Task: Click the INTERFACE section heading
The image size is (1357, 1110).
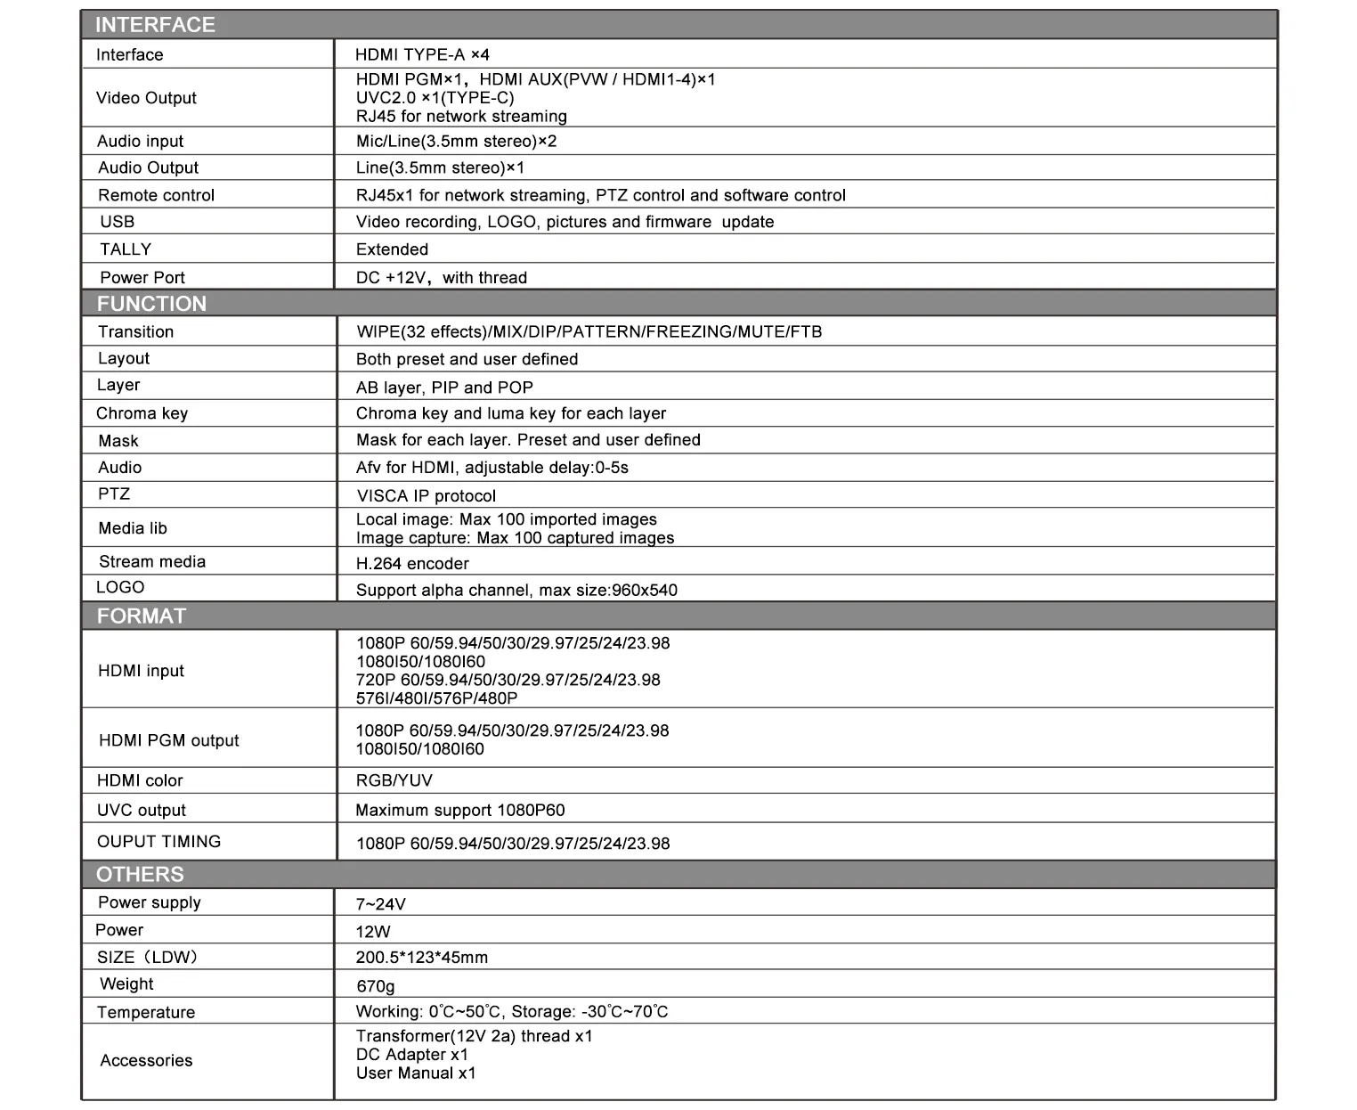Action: click(155, 25)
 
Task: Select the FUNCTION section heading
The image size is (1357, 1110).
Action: click(151, 304)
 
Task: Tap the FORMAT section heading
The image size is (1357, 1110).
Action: click(141, 616)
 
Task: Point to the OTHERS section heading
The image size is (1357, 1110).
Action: click(140, 875)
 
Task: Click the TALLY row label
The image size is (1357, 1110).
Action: click(126, 249)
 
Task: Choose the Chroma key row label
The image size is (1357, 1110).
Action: click(142, 413)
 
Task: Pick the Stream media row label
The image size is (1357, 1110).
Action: click(152, 562)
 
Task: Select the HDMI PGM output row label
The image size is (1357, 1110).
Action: click(168, 740)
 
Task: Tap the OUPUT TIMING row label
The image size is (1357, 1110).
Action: click(158, 842)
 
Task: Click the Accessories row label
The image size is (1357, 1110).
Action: click(146, 1061)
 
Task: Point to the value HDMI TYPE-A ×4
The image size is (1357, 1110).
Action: click(422, 55)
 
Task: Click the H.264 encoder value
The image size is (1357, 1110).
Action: click(412, 564)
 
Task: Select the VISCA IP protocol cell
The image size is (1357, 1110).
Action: click(426, 496)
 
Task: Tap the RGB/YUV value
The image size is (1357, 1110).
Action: click(394, 781)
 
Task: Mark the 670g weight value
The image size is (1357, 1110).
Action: click(375, 986)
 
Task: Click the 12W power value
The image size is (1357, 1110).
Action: click(373, 932)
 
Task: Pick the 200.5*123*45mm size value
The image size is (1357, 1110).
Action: click(422, 959)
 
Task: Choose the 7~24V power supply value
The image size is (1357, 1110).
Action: click(380, 904)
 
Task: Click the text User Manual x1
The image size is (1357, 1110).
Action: click(416, 1073)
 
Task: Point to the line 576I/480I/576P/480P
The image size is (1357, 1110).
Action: click(436, 699)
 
